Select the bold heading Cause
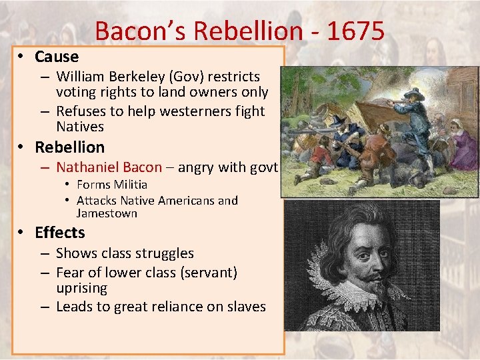click(57, 57)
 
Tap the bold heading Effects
click(60, 233)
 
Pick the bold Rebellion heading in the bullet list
click(69, 147)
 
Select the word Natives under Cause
click(80, 127)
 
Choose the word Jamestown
click(107, 213)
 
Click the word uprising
click(81, 288)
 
